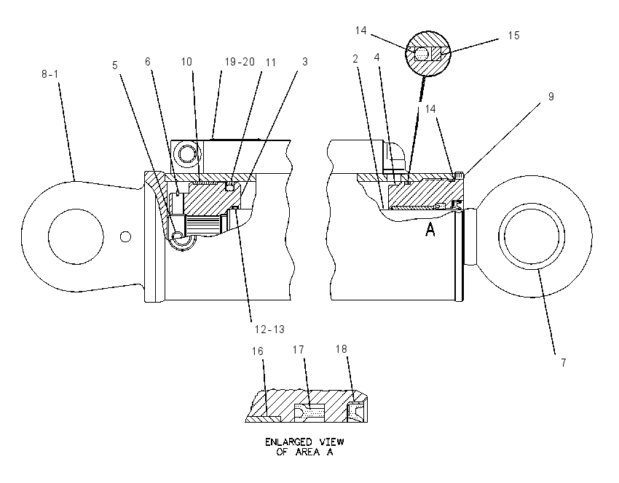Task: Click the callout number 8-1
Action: (x=50, y=73)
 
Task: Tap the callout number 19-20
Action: (x=240, y=62)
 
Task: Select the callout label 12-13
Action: (x=269, y=330)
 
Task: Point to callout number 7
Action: (x=564, y=362)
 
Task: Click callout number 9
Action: (x=551, y=97)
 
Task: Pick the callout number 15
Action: (x=513, y=36)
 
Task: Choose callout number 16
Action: (x=257, y=351)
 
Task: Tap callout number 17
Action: (x=299, y=350)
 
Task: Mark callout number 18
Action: (x=342, y=349)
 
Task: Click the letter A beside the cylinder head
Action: (x=430, y=229)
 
